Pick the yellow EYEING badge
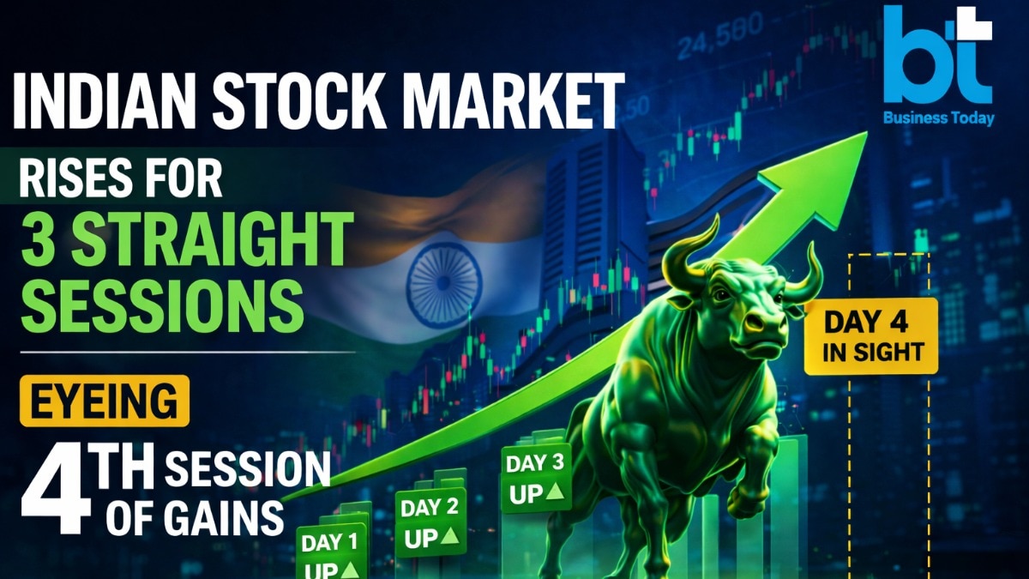click(x=105, y=400)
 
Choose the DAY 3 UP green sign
click(x=536, y=479)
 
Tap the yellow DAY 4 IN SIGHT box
click(x=870, y=335)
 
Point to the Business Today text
click(x=939, y=118)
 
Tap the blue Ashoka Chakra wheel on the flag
click(x=443, y=285)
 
